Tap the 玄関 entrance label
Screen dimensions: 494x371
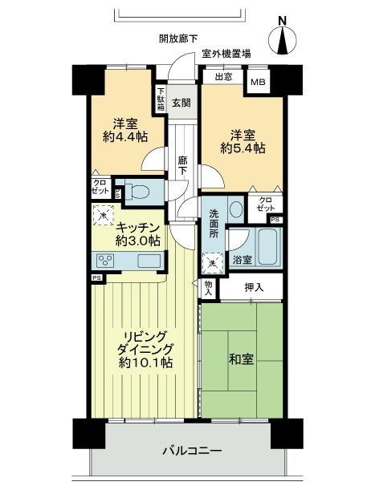[181, 102]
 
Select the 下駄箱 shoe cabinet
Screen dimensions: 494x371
[161, 98]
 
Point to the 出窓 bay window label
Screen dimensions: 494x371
[224, 78]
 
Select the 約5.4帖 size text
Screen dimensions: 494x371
[243, 148]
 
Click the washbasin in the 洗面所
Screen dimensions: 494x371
[235, 209]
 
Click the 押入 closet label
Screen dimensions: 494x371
[252, 287]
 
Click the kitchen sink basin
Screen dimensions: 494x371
[149, 261]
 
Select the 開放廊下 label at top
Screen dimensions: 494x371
[178, 38]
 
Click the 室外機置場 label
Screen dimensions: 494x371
[226, 54]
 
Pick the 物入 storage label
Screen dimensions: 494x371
[208, 287]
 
